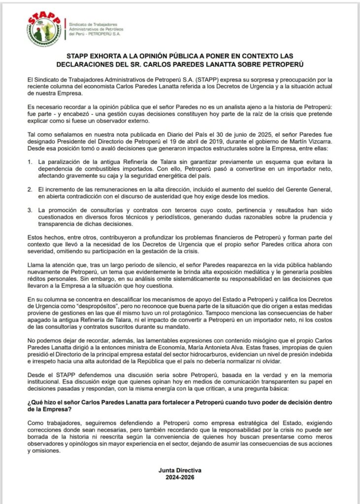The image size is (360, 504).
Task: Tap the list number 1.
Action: click(x=30, y=161)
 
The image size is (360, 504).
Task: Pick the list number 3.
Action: click(x=30, y=210)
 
